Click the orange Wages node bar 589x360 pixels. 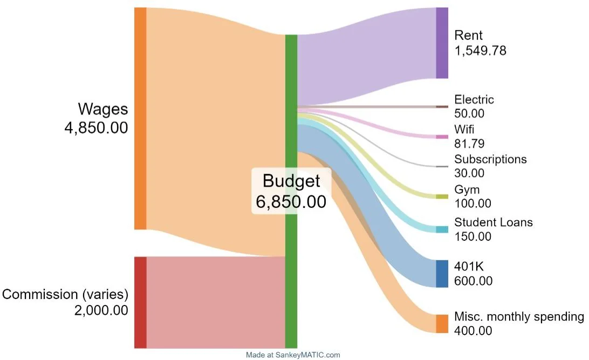[x=140, y=118]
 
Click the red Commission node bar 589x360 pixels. [x=140, y=302]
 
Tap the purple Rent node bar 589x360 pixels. [x=442, y=43]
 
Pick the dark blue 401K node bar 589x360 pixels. [x=442, y=274]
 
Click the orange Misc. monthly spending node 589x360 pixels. [x=442, y=324]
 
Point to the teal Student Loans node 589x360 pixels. [x=442, y=229]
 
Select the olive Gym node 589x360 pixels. [x=442, y=196]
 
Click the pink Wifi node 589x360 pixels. [x=442, y=137]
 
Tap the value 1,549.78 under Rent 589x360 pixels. [x=480, y=51]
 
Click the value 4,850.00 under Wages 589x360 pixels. [x=96, y=128]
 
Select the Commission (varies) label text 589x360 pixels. [x=65, y=295]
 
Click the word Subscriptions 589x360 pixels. [x=490, y=159]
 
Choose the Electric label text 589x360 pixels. [x=474, y=99]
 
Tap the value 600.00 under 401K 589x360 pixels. [x=473, y=281]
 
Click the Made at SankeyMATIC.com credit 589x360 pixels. [x=293, y=355]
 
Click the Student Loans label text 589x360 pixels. [x=493, y=222]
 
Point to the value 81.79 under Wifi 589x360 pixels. [x=469, y=144]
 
